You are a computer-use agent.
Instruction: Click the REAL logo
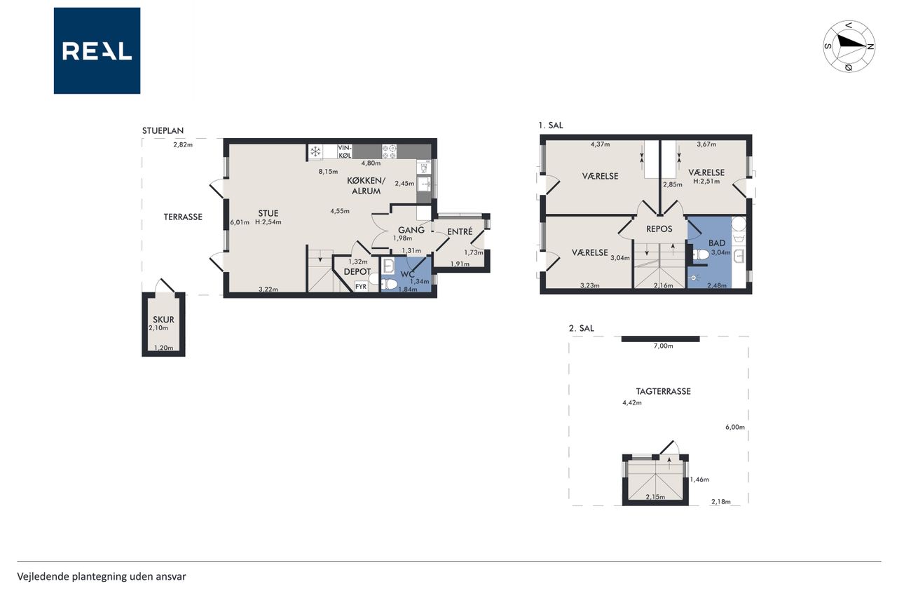click(x=97, y=51)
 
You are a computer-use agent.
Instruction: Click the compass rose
click(x=849, y=46)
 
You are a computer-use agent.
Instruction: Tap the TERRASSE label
click(x=183, y=217)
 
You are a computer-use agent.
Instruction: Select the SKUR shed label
click(x=163, y=320)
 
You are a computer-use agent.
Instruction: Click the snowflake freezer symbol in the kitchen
click(x=315, y=152)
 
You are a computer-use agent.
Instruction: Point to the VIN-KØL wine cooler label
click(x=345, y=151)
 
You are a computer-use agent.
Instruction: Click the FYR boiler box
click(x=361, y=287)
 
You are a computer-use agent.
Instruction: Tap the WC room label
click(x=407, y=274)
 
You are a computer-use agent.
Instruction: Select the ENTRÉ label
click(x=460, y=231)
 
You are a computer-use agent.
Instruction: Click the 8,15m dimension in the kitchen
click(x=328, y=172)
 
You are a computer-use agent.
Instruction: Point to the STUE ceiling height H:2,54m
click(x=268, y=222)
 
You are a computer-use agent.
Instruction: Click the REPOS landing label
click(x=659, y=229)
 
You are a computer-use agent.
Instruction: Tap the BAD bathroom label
click(x=717, y=243)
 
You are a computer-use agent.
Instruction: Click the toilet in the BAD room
click(x=700, y=254)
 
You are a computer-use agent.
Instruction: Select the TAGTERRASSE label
click(x=663, y=391)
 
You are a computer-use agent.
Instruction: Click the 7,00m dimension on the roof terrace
click(x=663, y=346)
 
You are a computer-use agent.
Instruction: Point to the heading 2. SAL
click(x=581, y=328)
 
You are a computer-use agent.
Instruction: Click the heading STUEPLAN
click(x=163, y=130)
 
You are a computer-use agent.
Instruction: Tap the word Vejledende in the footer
click(x=43, y=577)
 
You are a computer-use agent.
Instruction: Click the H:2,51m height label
click(x=706, y=181)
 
